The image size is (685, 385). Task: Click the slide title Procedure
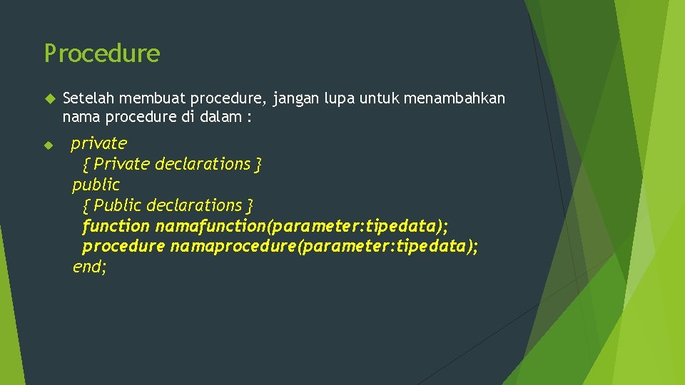coord(102,53)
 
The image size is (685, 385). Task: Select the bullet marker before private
coord(49,145)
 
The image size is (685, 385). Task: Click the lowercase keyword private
coord(98,143)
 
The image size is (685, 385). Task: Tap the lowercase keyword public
coord(96,185)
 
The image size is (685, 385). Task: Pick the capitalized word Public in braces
coord(118,205)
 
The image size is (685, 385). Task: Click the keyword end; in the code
coord(89,267)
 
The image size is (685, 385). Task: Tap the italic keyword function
coord(116,226)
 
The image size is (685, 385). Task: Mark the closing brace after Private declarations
coord(258,165)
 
